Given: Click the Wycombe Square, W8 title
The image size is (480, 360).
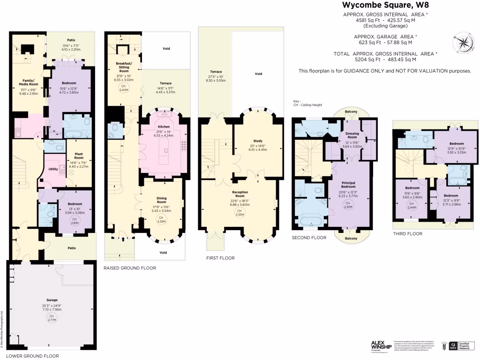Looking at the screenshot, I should pyautogui.click(x=385, y=6).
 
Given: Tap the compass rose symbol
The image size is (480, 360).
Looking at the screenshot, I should pyautogui.click(x=463, y=43).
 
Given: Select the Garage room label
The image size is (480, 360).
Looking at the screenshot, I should pyautogui.click(x=52, y=300).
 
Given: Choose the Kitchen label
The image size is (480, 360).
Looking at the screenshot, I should pyautogui.click(x=164, y=127).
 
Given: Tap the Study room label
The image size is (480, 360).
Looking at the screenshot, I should pyautogui.click(x=257, y=141).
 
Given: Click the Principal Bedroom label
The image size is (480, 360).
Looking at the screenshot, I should pyautogui.click(x=351, y=184).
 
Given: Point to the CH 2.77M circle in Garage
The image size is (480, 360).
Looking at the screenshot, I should pyautogui.click(x=51, y=318).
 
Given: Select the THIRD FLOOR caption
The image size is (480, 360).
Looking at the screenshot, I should pyautogui.click(x=408, y=233).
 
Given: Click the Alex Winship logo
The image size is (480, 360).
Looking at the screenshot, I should pyautogui.click(x=381, y=346).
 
